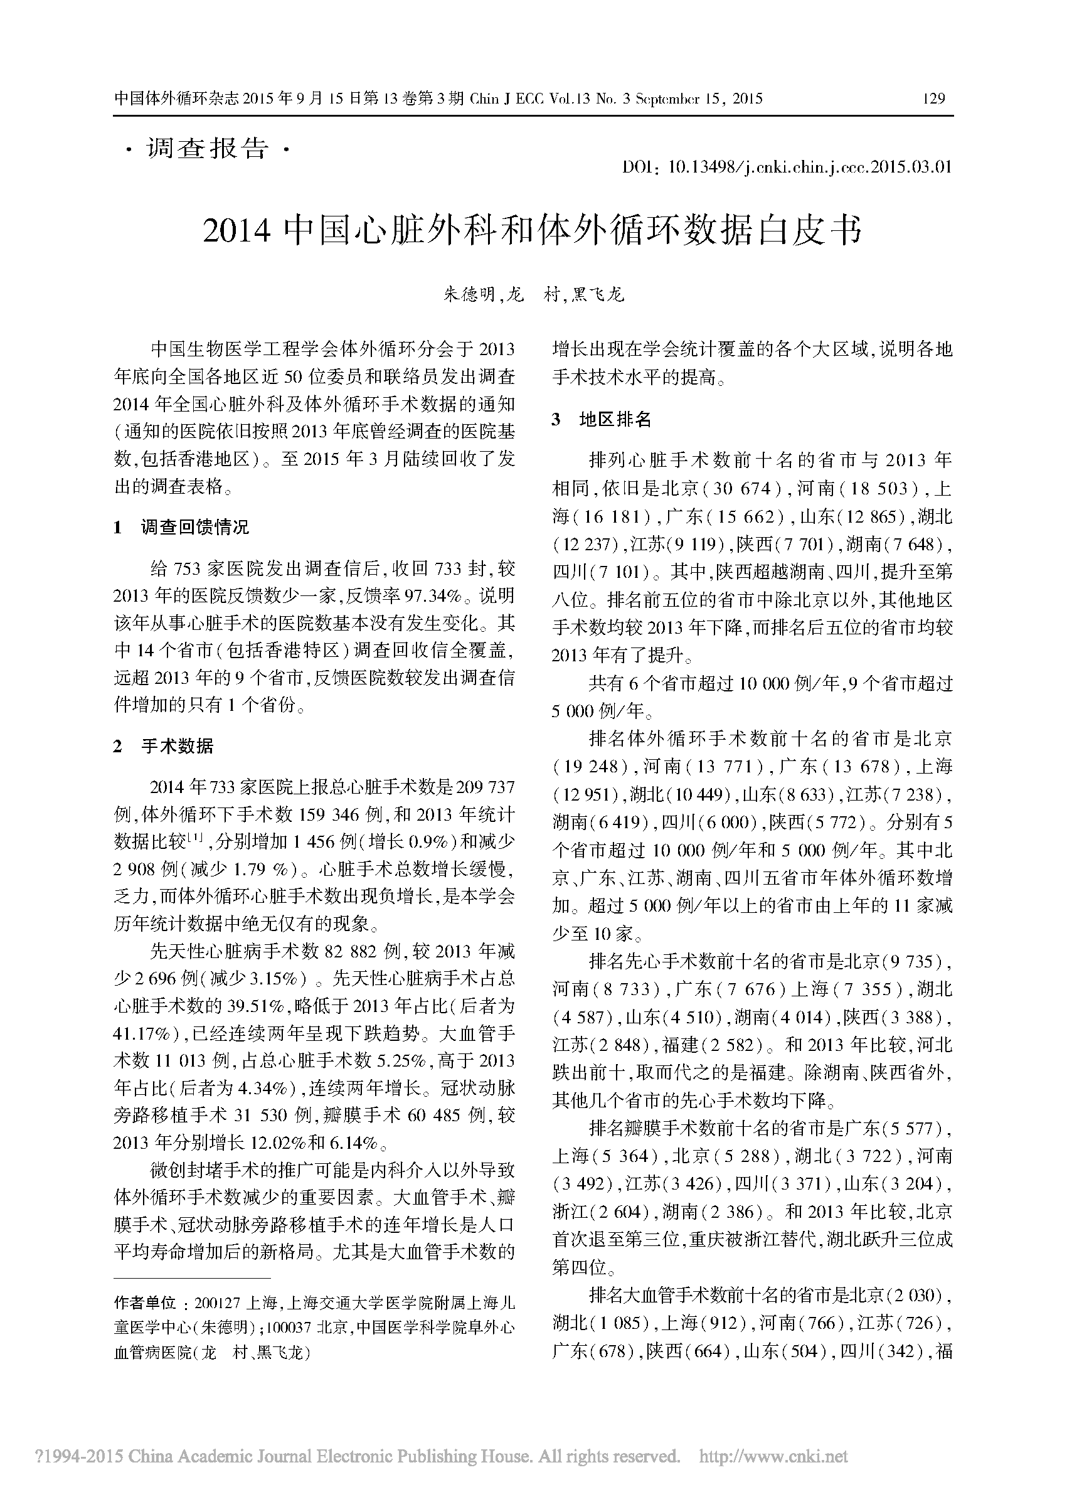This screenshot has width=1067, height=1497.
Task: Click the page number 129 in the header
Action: coord(933,99)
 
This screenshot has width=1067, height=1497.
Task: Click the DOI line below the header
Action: coord(787,167)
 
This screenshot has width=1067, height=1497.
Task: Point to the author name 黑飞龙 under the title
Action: coord(597,295)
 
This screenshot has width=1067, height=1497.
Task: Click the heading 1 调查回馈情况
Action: coord(181,527)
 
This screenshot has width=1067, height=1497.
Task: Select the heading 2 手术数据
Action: coord(164,747)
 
